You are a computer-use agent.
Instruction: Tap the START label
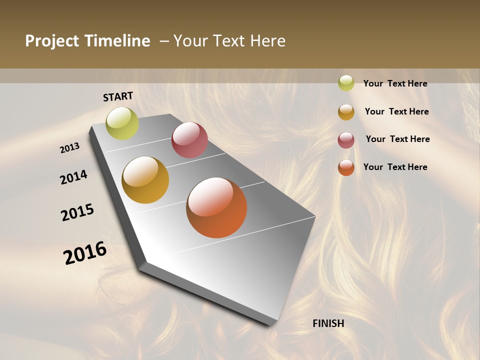tap(118, 96)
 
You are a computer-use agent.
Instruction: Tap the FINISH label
tap(328, 323)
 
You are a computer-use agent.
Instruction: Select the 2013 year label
tap(69, 148)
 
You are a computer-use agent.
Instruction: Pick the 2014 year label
tap(73, 177)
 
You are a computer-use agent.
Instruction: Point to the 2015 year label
tap(77, 212)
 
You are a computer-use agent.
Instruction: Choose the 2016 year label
tap(85, 253)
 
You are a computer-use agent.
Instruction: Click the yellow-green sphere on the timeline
tap(122, 123)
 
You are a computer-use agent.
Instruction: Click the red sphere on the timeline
tap(189, 140)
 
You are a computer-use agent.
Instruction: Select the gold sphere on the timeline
tap(145, 180)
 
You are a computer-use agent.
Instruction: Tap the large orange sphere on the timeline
tap(216, 207)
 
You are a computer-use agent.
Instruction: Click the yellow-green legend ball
tap(346, 83)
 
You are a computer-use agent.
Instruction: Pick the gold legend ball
tap(346, 111)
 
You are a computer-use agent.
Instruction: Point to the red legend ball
tap(346, 139)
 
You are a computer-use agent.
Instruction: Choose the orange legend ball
tap(346, 167)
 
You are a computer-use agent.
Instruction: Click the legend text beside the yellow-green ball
tap(395, 83)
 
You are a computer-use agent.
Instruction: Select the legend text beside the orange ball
tap(395, 167)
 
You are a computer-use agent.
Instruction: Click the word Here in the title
tap(267, 41)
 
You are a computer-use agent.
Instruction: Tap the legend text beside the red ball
tap(397, 139)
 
